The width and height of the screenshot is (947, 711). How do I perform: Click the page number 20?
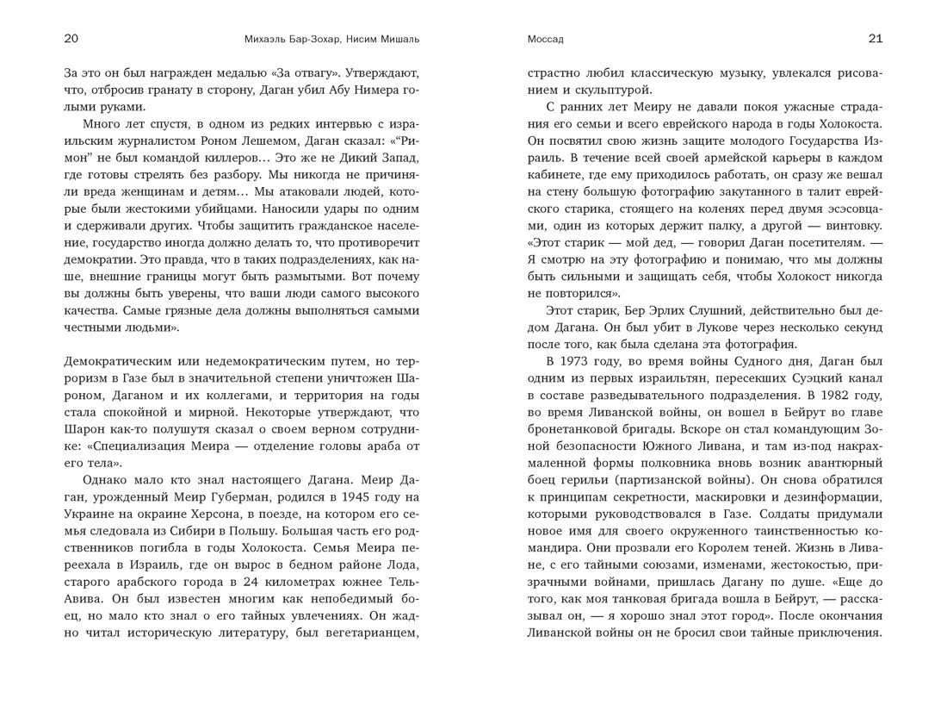[71, 39]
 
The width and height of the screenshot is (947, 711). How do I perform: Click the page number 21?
[876, 39]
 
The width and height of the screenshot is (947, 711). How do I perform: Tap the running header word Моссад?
[545, 40]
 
